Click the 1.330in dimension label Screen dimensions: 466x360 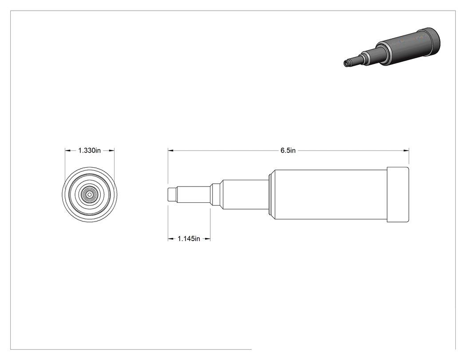(90, 150)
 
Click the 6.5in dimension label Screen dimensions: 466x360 (288, 150)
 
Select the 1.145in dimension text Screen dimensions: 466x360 (189, 238)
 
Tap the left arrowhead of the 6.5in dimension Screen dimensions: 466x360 (170, 150)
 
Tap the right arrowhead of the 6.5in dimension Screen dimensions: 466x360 (406, 150)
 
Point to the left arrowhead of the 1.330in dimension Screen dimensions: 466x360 (68, 150)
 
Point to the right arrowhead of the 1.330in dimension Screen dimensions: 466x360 (111, 150)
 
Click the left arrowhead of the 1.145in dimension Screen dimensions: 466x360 (171, 238)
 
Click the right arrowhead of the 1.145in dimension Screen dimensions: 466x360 (207, 238)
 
